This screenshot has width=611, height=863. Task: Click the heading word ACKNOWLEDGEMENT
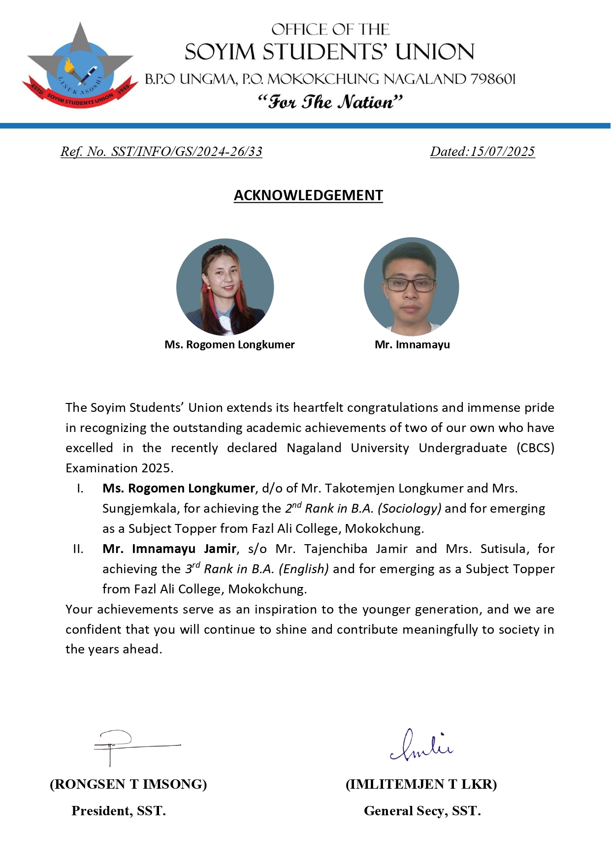(308, 195)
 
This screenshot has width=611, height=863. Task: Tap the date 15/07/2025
(502, 152)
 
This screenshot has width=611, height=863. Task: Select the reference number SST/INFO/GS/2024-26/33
(187, 152)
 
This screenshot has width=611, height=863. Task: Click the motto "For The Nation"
(330, 102)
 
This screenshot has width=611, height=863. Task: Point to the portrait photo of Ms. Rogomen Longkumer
(225, 287)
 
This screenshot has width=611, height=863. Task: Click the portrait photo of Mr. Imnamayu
(411, 287)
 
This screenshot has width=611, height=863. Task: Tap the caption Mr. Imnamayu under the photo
(412, 344)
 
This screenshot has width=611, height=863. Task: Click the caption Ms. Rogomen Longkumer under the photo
(229, 344)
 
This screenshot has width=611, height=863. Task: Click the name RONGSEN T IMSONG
(129, 784)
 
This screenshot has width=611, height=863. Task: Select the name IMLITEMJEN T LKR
(421, 784)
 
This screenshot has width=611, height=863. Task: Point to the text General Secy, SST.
(422, 811)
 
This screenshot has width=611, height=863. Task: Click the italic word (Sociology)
(409, 508)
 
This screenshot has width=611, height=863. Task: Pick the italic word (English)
(303, 569)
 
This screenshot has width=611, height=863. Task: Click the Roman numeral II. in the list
(78, 549)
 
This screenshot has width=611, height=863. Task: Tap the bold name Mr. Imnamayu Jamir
(169, 549)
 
